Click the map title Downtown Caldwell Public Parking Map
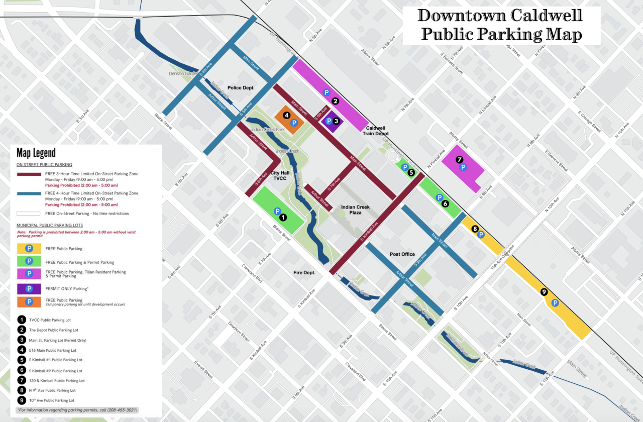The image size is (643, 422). point(501,25)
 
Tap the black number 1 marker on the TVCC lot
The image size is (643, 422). point(283,217)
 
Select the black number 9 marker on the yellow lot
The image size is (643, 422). point(544,291)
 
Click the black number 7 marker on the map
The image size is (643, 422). point(459,159)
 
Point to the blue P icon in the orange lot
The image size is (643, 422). point(295,123)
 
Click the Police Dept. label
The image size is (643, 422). point(241,87)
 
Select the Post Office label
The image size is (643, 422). point(402,254)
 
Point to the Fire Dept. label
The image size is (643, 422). point(304,272)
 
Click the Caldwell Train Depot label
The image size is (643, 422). point(376,131)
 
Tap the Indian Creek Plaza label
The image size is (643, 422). point(355,210)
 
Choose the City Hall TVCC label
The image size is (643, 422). point(279,175)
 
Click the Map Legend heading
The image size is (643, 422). point(36,153)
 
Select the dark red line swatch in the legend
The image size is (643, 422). point(29,174)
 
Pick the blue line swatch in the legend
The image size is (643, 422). point(29,193)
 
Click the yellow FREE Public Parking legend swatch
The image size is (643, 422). point(29,249)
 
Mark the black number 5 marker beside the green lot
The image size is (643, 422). point(411,172)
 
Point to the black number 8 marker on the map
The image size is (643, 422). point(475,229)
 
